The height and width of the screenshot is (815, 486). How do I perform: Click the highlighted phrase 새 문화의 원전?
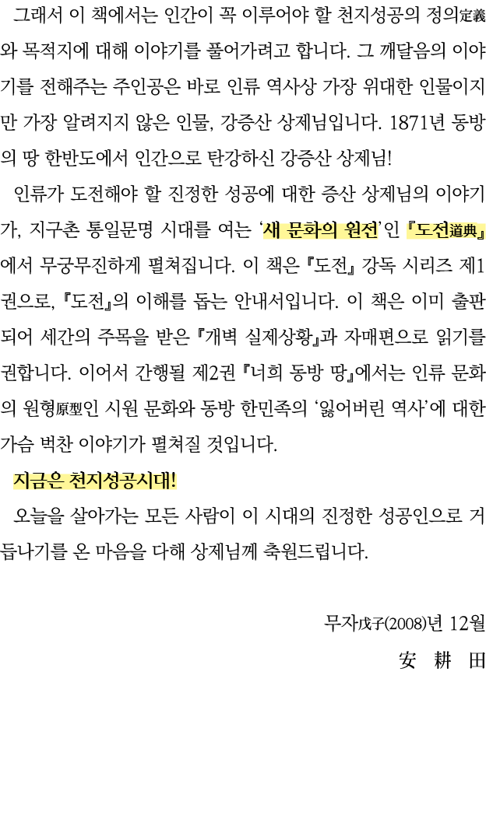click(320, 229)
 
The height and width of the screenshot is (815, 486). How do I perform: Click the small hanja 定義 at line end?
click(473, 16)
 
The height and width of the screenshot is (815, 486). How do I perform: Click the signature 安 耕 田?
click(441, 660)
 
